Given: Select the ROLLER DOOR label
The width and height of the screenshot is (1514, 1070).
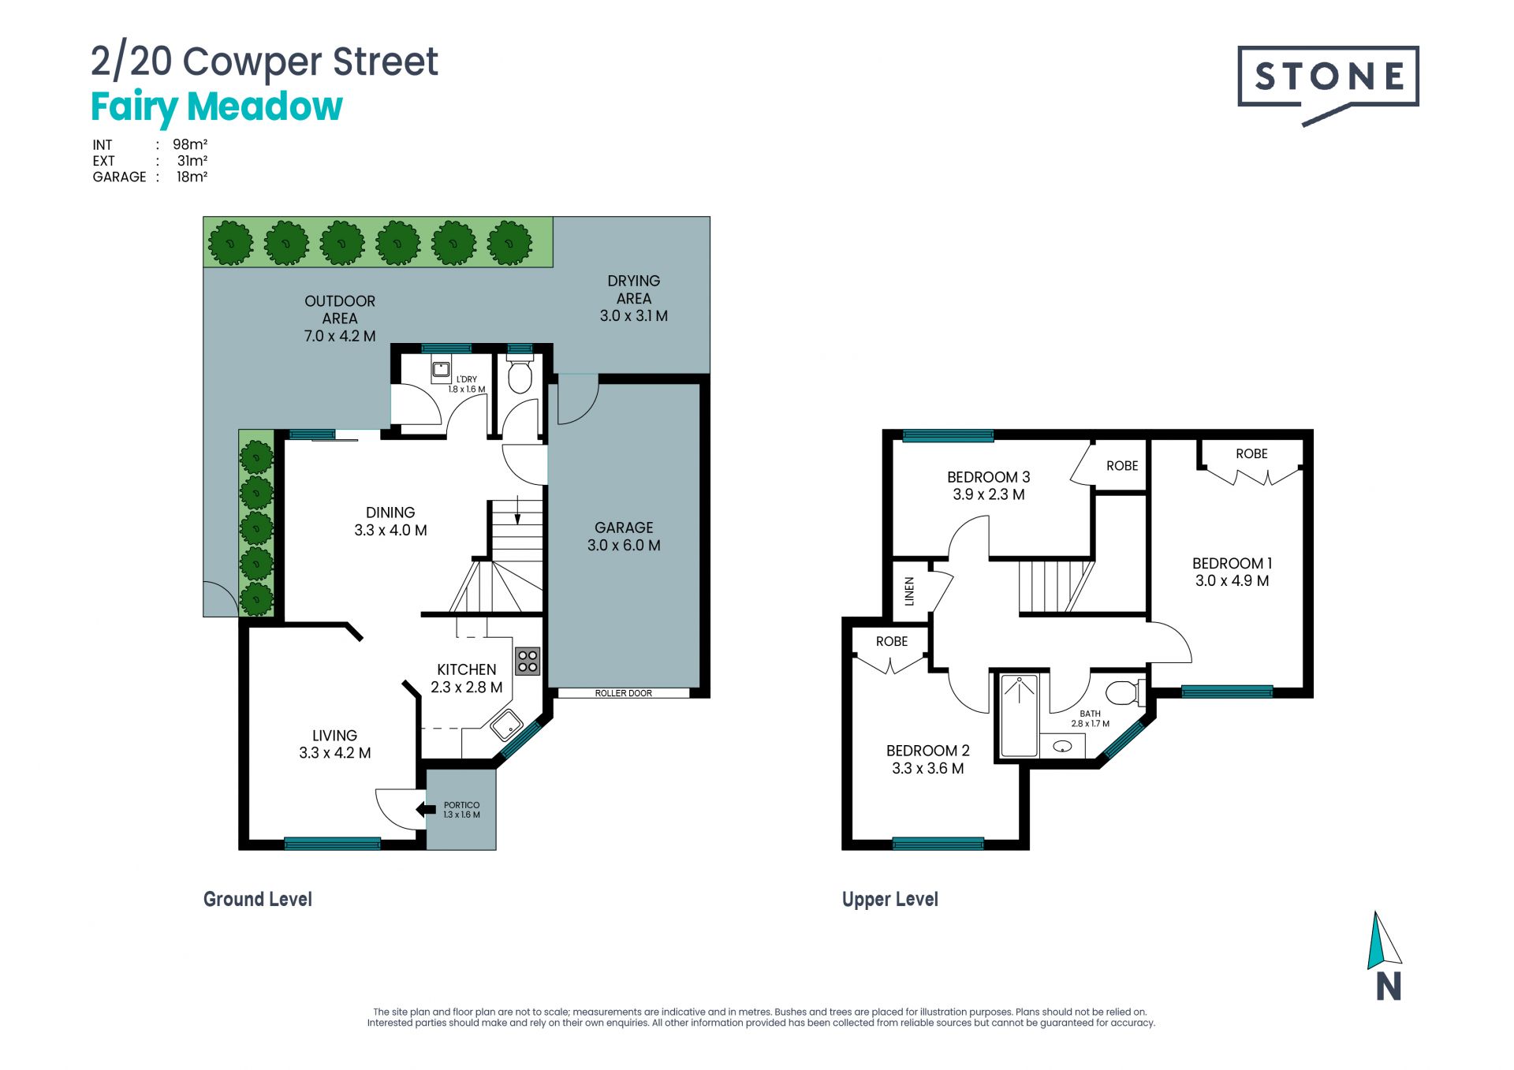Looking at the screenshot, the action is tap(623, 693).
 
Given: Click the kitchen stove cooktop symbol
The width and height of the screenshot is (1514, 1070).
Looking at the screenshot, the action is tap(528, 662).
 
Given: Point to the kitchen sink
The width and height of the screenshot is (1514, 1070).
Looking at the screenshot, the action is tap(506, 725).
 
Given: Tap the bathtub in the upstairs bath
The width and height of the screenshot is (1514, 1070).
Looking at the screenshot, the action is tap(1020, 715).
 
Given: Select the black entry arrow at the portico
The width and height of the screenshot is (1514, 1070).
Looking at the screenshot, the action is tap(426, 809).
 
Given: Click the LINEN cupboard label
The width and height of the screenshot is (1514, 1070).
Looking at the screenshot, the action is tap(909, 591).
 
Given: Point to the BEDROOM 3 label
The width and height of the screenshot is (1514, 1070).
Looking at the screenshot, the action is tap(988, 477).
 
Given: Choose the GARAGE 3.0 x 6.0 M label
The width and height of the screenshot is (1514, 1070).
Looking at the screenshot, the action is tap(624, 536).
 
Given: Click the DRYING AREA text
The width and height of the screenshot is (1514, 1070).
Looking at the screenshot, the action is tap(634, 289).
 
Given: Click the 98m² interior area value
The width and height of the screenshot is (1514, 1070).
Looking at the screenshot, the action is tap(190, 144).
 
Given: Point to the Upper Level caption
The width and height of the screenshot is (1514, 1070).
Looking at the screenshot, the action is tap(890, 900).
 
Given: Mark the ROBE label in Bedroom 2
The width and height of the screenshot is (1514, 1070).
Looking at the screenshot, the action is tap(892, 642).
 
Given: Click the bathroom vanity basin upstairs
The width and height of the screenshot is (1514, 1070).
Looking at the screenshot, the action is tap(1062, 746).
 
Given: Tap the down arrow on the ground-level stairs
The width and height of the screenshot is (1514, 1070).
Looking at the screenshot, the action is tap(517, 510).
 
